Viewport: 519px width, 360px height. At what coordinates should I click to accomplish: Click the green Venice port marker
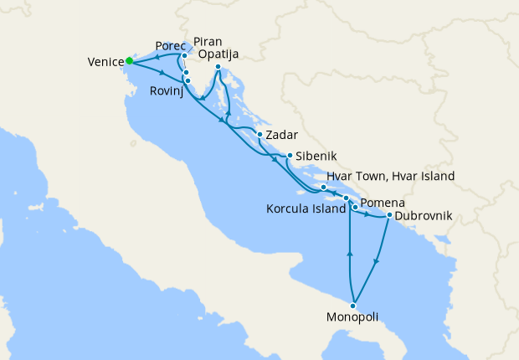click(129, 60)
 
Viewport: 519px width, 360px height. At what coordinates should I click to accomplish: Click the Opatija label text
click(219, 54)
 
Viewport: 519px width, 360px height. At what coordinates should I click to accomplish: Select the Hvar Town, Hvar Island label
click(390, 177)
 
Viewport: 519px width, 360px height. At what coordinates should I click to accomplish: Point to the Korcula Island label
click(306, 208)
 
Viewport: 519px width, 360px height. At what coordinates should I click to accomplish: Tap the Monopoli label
click(352, 317)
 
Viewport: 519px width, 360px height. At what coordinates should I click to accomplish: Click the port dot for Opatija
click(218, 67)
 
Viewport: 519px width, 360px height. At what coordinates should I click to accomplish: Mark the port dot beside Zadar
click(260, 135)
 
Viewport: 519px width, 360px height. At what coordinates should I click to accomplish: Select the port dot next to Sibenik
click(289, 155)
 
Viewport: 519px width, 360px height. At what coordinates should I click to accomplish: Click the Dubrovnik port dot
click(389, 216)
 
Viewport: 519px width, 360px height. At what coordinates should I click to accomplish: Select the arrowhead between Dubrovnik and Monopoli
click(376, 260)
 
